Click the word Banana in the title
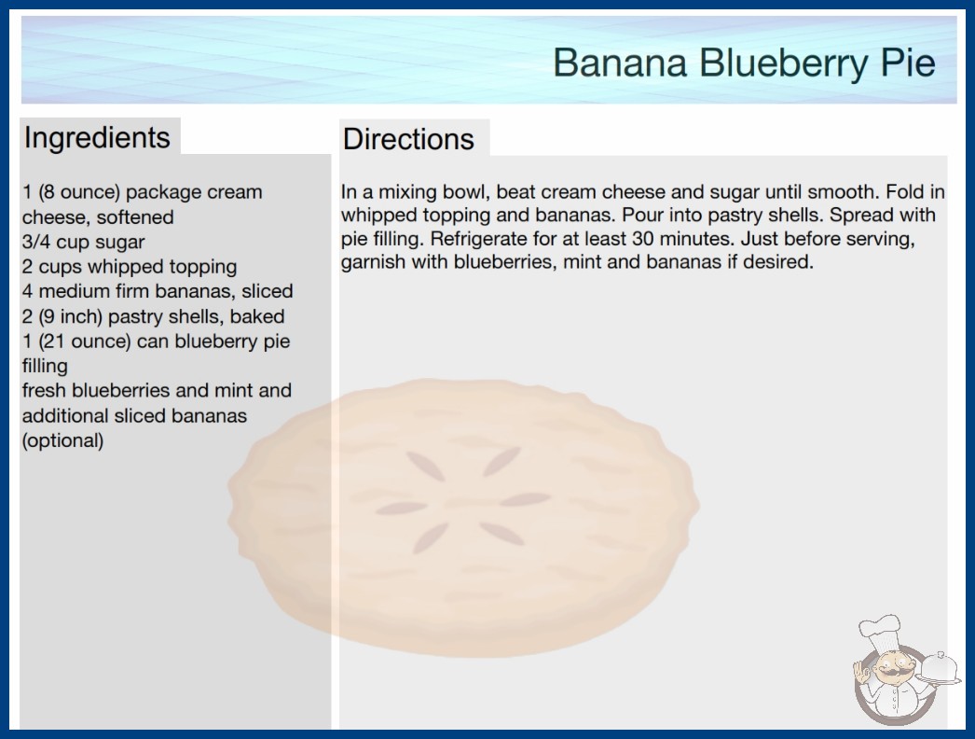[x=620, y=63]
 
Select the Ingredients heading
[x=97, y=138]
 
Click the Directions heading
[x=408, y=139]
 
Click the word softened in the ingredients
[x=135, y=217]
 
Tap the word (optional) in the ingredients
[x=62, y=440]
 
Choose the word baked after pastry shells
[x=257, y=316]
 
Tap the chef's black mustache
[x=889, y=672]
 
